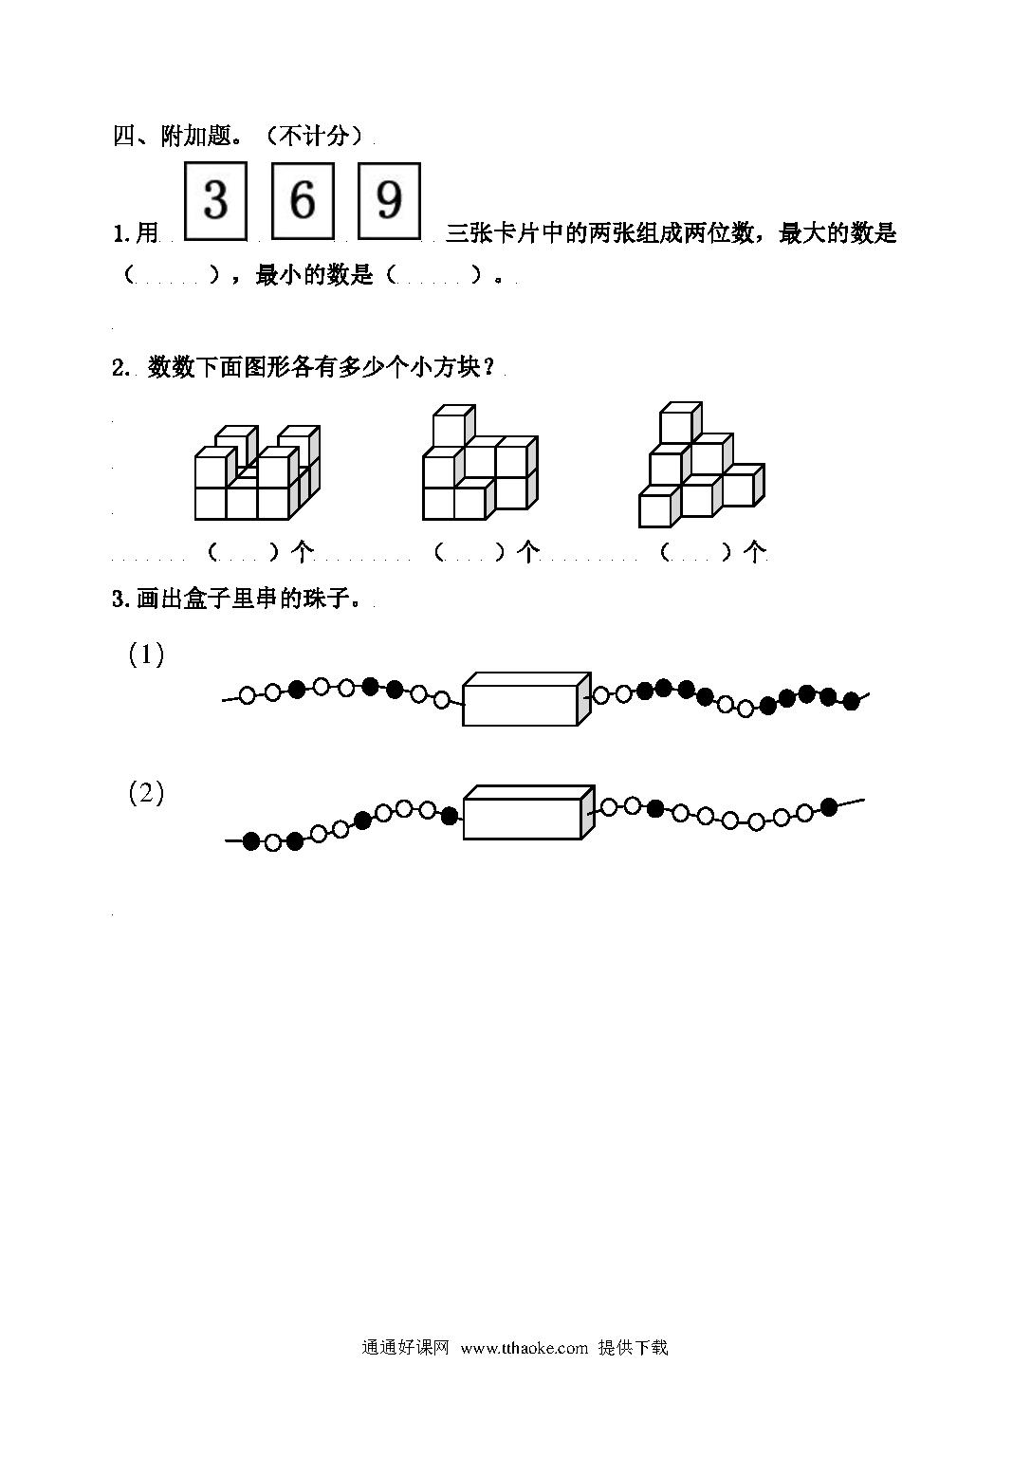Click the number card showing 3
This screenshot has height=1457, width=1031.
[215, 200]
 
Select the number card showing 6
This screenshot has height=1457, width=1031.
[303, 200]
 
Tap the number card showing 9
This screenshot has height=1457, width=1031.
[389, 200]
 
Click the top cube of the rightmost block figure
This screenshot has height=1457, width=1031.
[680, 423]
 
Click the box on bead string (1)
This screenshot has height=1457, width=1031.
[526, 698]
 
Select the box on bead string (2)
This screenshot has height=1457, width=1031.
[528, 812]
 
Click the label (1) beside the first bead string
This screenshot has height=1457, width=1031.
[146, 655]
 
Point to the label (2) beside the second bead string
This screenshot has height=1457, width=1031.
[146, 794]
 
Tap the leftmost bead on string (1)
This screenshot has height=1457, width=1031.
[248, 695]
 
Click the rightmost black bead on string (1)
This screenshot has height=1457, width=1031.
[851, 701]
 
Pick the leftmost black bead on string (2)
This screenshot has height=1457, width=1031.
[251, 841]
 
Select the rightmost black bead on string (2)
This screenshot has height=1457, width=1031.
[829, 806]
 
